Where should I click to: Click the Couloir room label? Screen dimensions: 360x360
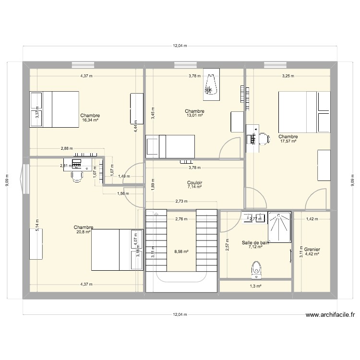coord(195,182)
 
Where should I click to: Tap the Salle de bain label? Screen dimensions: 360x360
coord(255,243)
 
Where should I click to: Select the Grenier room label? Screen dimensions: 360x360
coord(312,250)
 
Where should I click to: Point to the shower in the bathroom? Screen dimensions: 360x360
coord(279,227)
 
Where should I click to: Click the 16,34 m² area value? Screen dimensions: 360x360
coord(90,120)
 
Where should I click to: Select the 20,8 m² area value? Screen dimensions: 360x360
coord(84,232)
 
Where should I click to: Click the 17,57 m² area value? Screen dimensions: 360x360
coord(288,141)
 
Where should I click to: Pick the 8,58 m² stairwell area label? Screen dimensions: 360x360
coord(181,251)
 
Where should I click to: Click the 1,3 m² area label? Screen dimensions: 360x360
coord(255,286)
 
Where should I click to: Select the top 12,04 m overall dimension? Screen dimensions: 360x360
coord(180,46)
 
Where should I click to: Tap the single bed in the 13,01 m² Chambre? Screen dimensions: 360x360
coord(170,146)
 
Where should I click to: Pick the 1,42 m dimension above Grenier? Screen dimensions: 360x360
coord(312,219)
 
